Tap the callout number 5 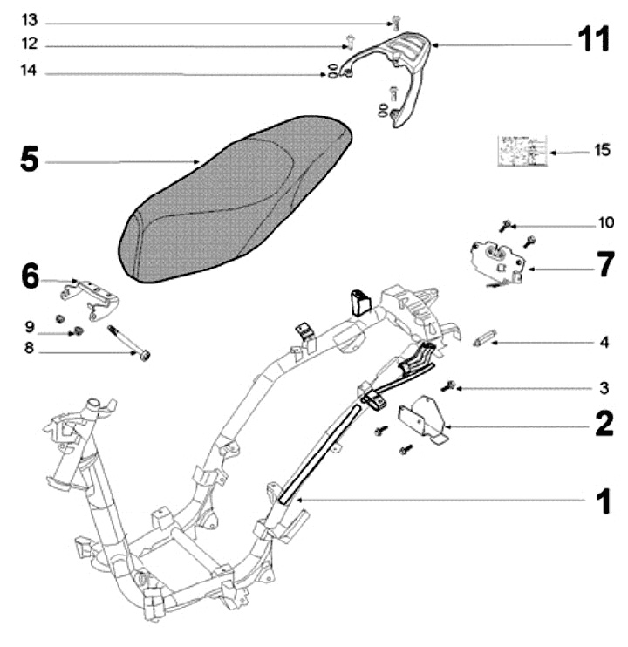pos(29,160)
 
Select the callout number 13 pos(29,20)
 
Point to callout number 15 pos(602,150)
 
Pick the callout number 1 pos(601,501)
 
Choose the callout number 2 pos(603,426)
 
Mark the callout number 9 pos(29,327)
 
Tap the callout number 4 pos(604,343)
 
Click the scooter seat pos(235,201)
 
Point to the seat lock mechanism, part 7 pos(495,259)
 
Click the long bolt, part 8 pos(128,342)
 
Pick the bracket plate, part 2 pos(423,419)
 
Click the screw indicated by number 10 pos(505,226)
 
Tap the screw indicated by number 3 pos(450,385)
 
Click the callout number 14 pos(29,74)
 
